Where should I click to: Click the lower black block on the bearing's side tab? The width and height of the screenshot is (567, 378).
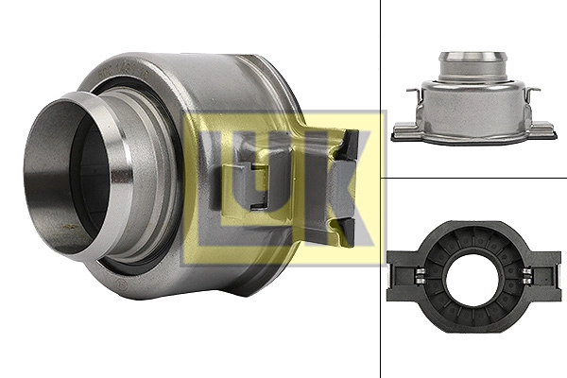349,232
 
